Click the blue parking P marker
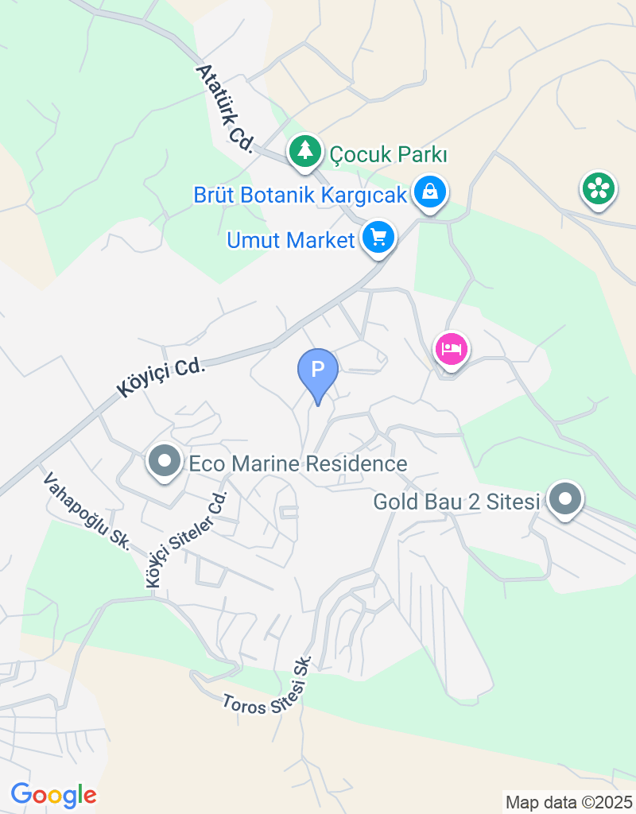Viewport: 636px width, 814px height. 317,370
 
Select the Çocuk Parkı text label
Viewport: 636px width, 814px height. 389,153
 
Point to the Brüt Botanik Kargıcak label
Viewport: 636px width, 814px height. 301,195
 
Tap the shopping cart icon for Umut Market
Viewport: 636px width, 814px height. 378,237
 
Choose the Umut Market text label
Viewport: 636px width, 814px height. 290,240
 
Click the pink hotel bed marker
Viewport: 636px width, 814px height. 451,348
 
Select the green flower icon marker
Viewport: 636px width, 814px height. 598,188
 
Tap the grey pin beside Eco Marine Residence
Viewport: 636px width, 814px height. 165,461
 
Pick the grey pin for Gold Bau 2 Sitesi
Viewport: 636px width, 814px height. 565,499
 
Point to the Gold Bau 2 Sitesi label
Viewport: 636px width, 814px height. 457,502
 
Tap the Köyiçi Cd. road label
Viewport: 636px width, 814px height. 161,377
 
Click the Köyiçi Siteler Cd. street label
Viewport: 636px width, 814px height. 185,539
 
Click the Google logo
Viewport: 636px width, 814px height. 53,794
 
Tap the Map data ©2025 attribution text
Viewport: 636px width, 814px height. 568,802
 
